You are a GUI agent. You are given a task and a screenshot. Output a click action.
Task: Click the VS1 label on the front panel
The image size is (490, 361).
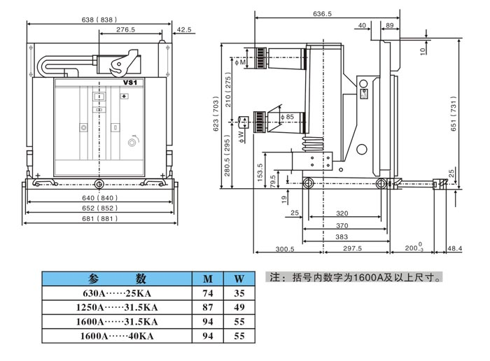[129, 83]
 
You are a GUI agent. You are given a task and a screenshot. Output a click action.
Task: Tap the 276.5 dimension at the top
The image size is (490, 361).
[125, 29]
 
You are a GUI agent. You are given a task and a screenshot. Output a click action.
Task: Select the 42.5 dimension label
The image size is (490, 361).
[184, 29]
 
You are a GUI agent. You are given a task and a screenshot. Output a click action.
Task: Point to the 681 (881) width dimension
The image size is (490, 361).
[99, 218]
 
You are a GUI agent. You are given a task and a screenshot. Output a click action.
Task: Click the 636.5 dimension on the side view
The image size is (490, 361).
[322, 14]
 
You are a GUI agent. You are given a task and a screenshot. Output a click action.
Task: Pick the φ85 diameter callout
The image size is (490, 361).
[288, 117]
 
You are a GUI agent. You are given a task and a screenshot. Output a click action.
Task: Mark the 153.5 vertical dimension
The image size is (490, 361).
[260, 172]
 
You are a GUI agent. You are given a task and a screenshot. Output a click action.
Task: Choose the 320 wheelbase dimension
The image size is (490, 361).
[342, 213]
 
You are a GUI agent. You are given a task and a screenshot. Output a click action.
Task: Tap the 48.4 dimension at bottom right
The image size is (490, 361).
[454, 248]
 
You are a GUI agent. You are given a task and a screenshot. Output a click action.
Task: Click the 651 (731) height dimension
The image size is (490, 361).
[454, 113]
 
